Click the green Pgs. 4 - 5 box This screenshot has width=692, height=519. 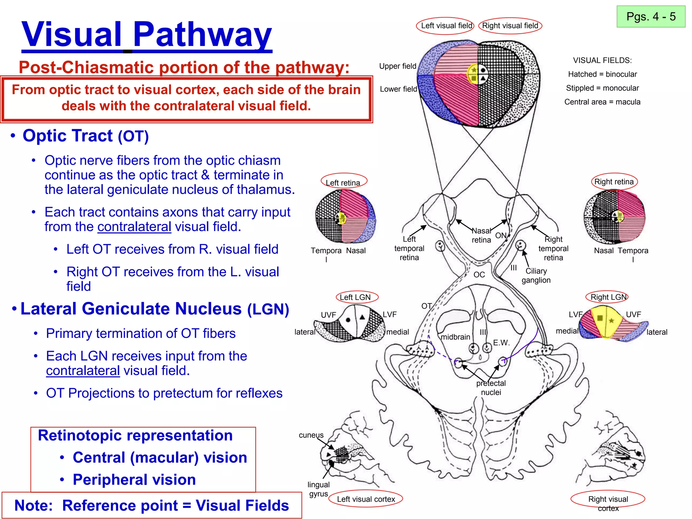coord(651,17)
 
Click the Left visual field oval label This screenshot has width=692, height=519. coord(446,26)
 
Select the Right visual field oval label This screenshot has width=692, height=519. coord(510,26)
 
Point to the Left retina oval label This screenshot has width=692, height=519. coord(343,182)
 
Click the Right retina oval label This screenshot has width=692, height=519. coord(614,182)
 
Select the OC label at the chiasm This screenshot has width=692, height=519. coord(479,275)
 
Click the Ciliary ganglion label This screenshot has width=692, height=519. coord(536,275)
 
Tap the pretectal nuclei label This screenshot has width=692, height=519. coord(491,388)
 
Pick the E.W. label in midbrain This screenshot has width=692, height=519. coord(501,343)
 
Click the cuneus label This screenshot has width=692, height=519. coord(311,435)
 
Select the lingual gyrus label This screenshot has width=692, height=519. coord(318,489)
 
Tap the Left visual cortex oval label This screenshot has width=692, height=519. coord(366,499)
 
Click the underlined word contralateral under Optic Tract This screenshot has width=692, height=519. coord(134,227)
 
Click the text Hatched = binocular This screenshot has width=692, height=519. coord(602,74)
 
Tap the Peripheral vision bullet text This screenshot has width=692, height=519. coord(134,479)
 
